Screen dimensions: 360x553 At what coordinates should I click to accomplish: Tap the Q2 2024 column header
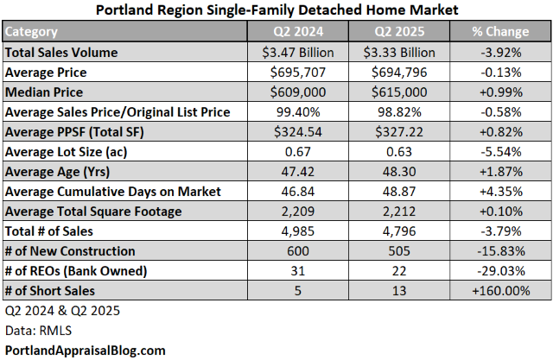pyautogui.click(x=296, y=32)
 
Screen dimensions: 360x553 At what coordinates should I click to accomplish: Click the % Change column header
pyautogui.click(x=500, y=32)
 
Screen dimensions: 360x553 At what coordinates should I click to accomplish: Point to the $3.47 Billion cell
pyautogui.click(x=296, y=52)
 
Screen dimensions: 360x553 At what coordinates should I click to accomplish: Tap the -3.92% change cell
pyautogui.click(x=500, y=52)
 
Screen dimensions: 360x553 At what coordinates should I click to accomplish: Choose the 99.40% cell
pyautogui.click(x=296, y=111)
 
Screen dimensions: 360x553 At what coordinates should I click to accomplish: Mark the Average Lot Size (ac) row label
pyautogui.click(x=65, y=152)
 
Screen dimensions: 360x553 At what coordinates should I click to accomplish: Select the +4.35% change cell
pyautogui.click(x=500, y=191)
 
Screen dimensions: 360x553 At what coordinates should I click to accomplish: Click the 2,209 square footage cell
pyautogui.click(x=296, y=211)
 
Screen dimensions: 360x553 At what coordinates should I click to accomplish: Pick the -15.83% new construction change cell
pyautogui.click(x=500, y=250)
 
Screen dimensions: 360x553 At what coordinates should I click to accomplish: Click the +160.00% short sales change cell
pyautogui.click(x=500, y=290)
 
